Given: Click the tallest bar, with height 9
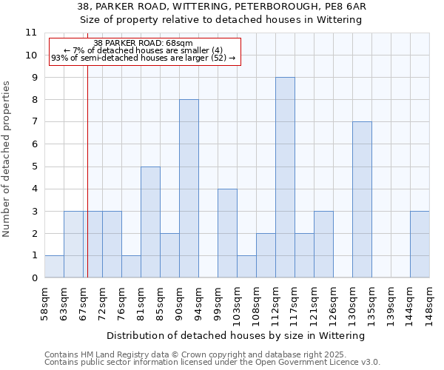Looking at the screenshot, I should point(285,178).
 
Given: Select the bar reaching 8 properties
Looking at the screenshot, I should point(189,189).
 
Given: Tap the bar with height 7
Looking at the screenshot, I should point(362,200).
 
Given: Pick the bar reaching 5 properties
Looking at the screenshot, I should point(150,222).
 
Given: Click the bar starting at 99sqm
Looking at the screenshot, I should point(227,233).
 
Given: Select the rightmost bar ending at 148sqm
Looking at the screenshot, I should point(420,244).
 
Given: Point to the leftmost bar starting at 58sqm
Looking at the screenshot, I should point(54,266).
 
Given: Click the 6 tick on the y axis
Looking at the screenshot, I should point(34,144).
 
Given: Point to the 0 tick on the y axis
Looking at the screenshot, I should point(34,278).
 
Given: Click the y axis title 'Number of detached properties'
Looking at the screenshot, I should point(7,160).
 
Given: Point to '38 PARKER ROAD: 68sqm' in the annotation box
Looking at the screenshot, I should point(144,43).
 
